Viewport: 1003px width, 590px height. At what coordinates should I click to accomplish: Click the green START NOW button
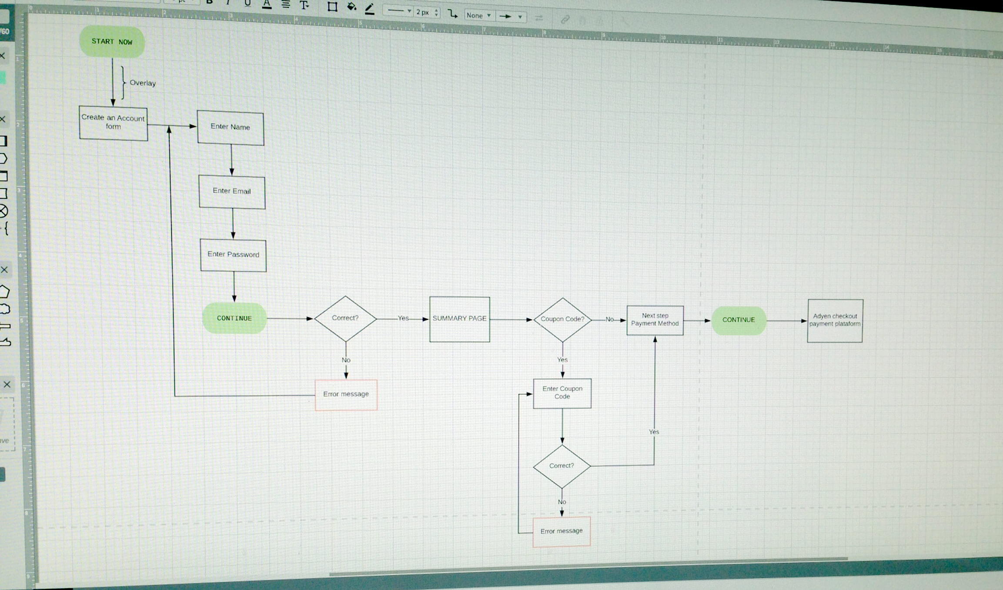pos(112,42)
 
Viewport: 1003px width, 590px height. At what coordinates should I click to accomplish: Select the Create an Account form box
pos(113,123)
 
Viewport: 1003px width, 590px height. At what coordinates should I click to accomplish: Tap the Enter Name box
pos(231,127)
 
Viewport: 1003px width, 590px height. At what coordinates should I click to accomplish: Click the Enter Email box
pos(232,191)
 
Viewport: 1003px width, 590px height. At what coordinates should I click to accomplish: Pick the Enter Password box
pos(233,255)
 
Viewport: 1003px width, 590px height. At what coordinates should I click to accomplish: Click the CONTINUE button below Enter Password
pos(234,318)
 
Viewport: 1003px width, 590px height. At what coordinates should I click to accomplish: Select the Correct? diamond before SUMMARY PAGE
pos(345,318)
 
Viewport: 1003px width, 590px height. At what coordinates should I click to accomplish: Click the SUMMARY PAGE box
pos(460,319)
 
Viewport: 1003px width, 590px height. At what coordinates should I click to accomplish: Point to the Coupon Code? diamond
pos(562,320)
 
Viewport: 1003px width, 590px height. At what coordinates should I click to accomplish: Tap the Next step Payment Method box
pos(655,320)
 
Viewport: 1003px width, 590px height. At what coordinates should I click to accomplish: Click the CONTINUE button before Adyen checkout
pos(739,320)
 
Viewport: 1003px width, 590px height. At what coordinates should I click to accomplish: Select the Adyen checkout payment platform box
pos(835,321)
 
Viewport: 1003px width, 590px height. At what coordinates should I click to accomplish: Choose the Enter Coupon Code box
pos(562,393)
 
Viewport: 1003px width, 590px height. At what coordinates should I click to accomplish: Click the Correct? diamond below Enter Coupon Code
pos(562,466)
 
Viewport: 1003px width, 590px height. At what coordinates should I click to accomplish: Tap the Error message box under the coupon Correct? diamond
pos(562,531)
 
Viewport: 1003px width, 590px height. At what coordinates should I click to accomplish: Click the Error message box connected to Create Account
pos(346,395)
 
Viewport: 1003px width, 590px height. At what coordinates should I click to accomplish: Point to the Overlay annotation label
pos(143,83)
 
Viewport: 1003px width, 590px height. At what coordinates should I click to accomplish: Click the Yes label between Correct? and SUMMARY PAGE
pos(403,318)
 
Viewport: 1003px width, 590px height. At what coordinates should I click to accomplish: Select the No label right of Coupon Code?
pos(610,319)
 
